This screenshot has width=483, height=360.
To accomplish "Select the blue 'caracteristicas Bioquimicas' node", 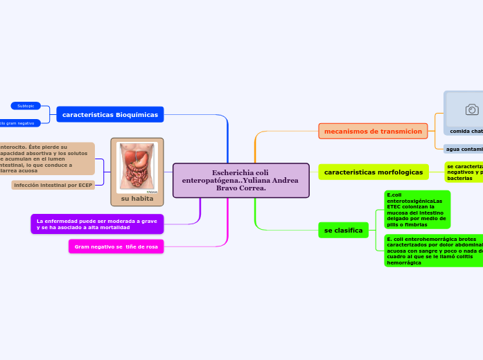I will pos(110,114).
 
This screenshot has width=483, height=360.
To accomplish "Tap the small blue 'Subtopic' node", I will pos(26,106).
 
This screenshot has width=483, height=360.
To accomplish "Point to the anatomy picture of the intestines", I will pos(137,168).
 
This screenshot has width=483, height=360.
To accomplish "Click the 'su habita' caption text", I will pos(137,199).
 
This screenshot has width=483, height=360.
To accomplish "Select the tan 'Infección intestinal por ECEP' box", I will pos(53,186).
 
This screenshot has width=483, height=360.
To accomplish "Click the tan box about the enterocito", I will pos(46,159).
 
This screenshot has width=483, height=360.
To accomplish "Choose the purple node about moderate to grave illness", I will pos(97,224).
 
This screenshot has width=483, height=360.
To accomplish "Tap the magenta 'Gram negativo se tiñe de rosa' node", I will pos(116,246).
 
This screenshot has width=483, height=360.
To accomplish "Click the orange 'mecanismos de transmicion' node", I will pos(373,131).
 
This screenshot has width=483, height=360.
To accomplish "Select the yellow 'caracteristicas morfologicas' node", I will pos(374,172).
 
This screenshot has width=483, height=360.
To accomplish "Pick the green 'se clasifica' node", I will pos(343,230).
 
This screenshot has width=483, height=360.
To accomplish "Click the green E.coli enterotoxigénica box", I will pos(416,209).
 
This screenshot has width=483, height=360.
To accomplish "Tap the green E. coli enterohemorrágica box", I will pos(433,251).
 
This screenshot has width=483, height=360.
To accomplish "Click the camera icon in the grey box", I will pos(472,109).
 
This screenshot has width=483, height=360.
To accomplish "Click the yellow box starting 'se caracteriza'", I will pos(464,172).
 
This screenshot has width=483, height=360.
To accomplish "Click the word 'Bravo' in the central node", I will pos(228,188).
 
